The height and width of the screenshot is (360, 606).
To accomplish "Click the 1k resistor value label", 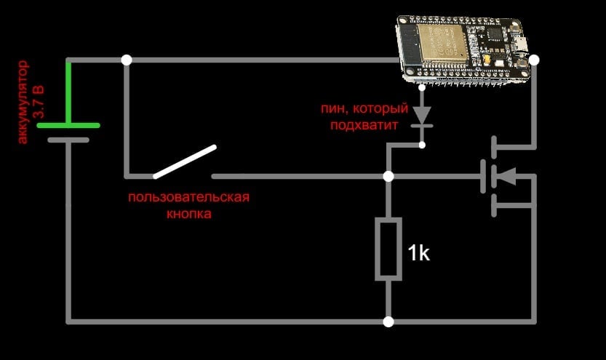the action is click(x=418, y=253).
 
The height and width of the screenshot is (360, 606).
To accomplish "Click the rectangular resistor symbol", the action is click(x=388, y=249).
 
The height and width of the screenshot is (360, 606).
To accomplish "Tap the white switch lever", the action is click(x=185, y=162).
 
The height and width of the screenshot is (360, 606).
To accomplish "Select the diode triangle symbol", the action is click(x=422, y=115).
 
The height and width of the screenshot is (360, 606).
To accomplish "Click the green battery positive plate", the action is click(x=68, y=125).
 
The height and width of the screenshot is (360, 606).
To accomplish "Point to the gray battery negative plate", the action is click(x=68, y=140).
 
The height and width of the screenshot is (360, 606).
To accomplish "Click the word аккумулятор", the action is click(x=23, y=102).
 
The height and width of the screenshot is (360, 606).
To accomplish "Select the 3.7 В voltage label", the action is click(x=39, y=102).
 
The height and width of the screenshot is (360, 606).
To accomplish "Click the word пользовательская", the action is click(x=189, y=197).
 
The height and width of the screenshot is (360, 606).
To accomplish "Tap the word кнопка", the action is click(x=189, y=214).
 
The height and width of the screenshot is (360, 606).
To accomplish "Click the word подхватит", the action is click(x=364, y=125).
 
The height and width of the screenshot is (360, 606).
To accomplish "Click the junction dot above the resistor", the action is click(x=388, y=177).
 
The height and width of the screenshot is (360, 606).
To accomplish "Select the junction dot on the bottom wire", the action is click(x=388, y=321).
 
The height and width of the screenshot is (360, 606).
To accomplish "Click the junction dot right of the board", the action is click(x=534, y=60).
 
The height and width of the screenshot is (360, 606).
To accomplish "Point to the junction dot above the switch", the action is click(x=127, y=60).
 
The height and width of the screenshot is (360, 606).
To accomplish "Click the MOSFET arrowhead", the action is click(x=506, y=176).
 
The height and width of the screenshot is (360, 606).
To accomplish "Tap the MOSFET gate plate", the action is click(x=483, y=177).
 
